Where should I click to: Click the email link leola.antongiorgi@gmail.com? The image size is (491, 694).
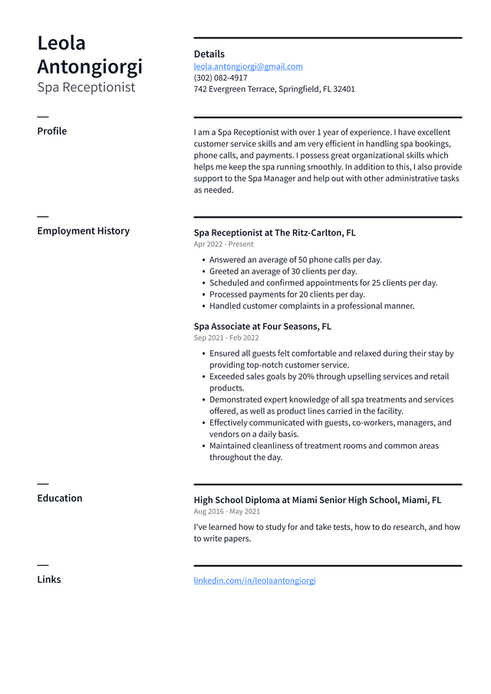pyautogui.click(x=248, y=67)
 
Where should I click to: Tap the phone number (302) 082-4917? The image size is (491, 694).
pyautogui.click(x=220, y=77)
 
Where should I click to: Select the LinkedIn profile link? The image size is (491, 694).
pyautogui.click(x=254, y=581)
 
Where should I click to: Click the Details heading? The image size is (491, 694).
pyautogui.click(x=209, y=54)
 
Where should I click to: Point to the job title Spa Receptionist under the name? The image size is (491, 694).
pyautogui.click(x=86, y=87)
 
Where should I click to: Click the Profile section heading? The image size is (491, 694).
pyautogui.click(x=51, y=131)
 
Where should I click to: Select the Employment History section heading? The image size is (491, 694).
pyautogui.click(x=83, y=231)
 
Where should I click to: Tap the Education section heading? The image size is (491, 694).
pyautogui.click(x=59, y=498)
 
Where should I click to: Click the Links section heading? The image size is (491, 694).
pyautogui.click(x=48, y=580)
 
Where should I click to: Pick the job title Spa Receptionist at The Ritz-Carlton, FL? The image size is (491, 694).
pyautogui.click(x=274, y=232)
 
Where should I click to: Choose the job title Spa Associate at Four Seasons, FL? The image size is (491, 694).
pyautogui.click(x=262, y=326)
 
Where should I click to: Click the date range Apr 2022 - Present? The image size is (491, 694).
pyautogui.click(x=223, y=245)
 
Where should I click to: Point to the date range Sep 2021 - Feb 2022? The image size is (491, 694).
pyautogui.click(x=226, y=337)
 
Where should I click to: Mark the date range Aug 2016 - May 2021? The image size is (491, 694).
pyautogui.click(x=226, y=511)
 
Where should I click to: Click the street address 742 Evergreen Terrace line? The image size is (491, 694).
pyautogui.click(x=274, y=89)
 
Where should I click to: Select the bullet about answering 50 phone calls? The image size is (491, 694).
pyautogui.click(x=295, y=260)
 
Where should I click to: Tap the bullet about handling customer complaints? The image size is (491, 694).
pyautogui.click(x=311, y=306)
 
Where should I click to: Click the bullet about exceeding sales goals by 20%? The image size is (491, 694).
pyautogui.click(x=328, y=377)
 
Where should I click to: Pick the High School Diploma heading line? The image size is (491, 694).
pyautogui.click(x=317, y=500)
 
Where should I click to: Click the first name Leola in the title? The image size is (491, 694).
pyautogui.click(x=61, y=43)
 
